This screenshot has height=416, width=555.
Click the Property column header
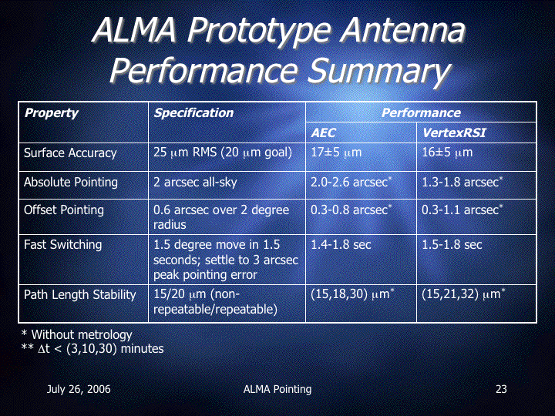[x=52, y=112]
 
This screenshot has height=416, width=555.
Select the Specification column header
[x=193, y=112]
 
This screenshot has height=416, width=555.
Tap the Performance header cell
[x=421, y=112]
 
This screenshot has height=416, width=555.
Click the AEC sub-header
[x=323, y=133]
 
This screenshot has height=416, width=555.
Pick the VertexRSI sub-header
[x=454, y=133]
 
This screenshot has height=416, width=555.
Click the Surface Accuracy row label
[x=70, y=153]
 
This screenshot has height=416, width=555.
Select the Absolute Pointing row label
[x=71, y=182]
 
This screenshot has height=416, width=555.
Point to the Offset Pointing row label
[x=64, y=210]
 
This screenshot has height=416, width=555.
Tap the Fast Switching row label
[x=62, y=244]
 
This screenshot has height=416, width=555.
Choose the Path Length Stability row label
[x=80, y=294]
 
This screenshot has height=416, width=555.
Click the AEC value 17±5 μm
[x=336, y=153]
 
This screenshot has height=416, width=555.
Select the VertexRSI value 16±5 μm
[x=447, y=153]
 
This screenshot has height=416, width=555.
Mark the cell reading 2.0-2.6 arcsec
[x=351, y=182]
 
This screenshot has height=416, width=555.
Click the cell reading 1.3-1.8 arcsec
[x=462, y=182]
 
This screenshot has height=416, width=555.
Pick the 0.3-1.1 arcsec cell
[x=462, y=210]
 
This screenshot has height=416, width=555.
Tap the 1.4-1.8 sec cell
[x=341, y=244]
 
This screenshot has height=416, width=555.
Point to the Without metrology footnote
[x=77, y=334]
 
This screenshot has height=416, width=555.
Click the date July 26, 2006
[x=79, y=389]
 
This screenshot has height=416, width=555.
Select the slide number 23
[x=501, y=389]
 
